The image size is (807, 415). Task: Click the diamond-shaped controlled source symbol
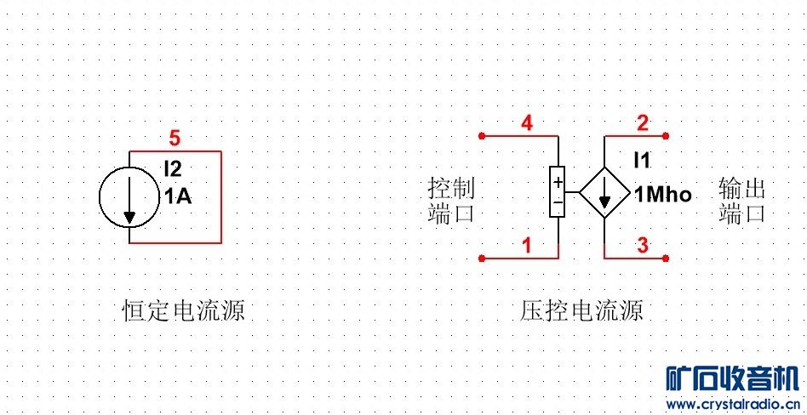[x=604, y=195]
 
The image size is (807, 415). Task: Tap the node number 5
[x=175, y=137]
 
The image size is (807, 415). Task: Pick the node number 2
[x=643, y=123]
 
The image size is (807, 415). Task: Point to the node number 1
[x=527, y=246]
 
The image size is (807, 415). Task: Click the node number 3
[x=643, y=246]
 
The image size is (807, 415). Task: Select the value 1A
[x=178, y=196]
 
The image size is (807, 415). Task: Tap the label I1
[x=641, y=159]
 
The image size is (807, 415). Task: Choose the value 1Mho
[x=663, y=196]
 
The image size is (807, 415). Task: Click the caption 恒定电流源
[x=184, y=310]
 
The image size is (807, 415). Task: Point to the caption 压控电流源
[x=581, y=310]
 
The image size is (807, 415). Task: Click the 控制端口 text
[x=450, y=201]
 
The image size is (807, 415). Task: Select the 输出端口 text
[x=741, y=201]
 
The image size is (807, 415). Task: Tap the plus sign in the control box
[x=558, y=182]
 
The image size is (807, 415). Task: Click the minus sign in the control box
[x=558, y=204]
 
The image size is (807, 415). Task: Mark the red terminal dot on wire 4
[x=482, y=135]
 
